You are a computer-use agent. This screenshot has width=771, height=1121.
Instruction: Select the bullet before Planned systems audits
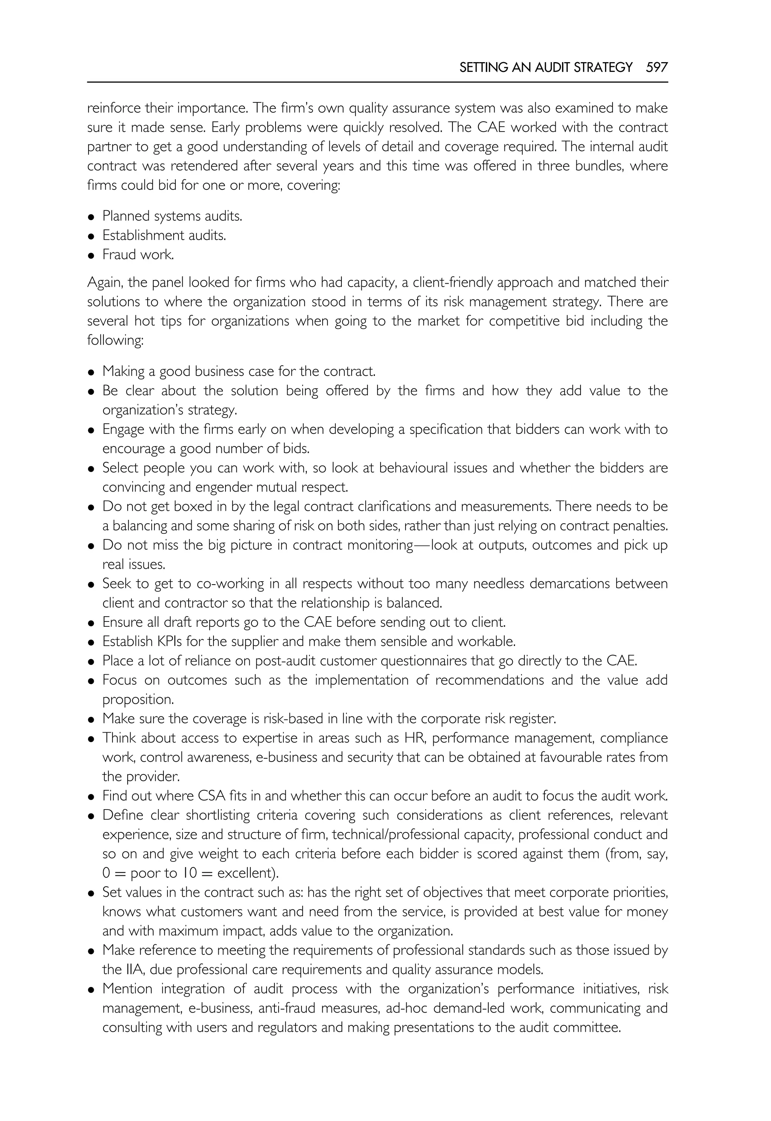click(91, 217)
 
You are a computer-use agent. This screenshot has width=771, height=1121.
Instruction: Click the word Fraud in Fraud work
click(118, 255)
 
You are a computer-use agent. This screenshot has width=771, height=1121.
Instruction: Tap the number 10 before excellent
click(189, 874)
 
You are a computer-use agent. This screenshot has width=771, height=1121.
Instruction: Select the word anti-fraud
click(286, 1009)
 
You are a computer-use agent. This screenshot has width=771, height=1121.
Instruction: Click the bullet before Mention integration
click(91, 990)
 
